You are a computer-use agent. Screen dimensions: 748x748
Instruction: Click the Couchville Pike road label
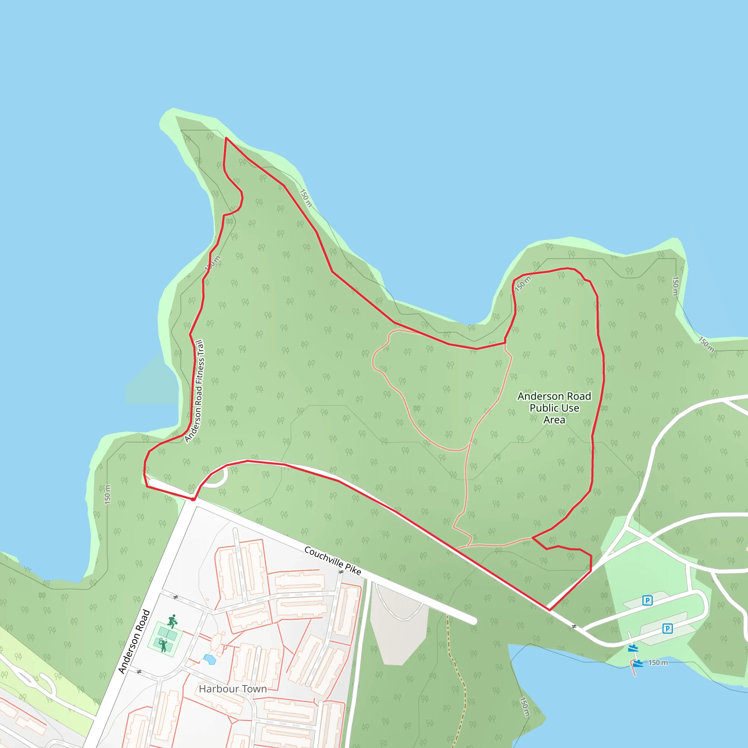tap(332, 561)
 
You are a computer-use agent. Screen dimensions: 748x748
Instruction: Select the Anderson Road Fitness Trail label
tap(194, 391)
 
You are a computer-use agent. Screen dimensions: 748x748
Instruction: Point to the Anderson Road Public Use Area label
tap(554, 408)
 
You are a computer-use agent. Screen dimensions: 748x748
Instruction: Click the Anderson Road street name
tap(134, 641)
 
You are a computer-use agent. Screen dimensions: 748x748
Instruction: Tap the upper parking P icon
tap(647, 600)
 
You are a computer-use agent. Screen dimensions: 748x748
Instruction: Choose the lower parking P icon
tap(667, 628)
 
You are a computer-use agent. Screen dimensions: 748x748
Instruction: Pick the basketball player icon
tap(172, 621)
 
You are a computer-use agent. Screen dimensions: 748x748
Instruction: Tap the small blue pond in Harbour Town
tap(209, 659)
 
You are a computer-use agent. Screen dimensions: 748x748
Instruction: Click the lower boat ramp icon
tap(638, 663)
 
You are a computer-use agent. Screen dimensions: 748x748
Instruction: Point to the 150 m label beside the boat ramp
tap(658, 663)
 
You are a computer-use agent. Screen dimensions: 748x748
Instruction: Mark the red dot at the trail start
tap(193, 499)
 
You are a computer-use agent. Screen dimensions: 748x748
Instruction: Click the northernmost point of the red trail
tap(226, 138)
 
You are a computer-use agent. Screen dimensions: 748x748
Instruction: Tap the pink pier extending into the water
tap(633, 670)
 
